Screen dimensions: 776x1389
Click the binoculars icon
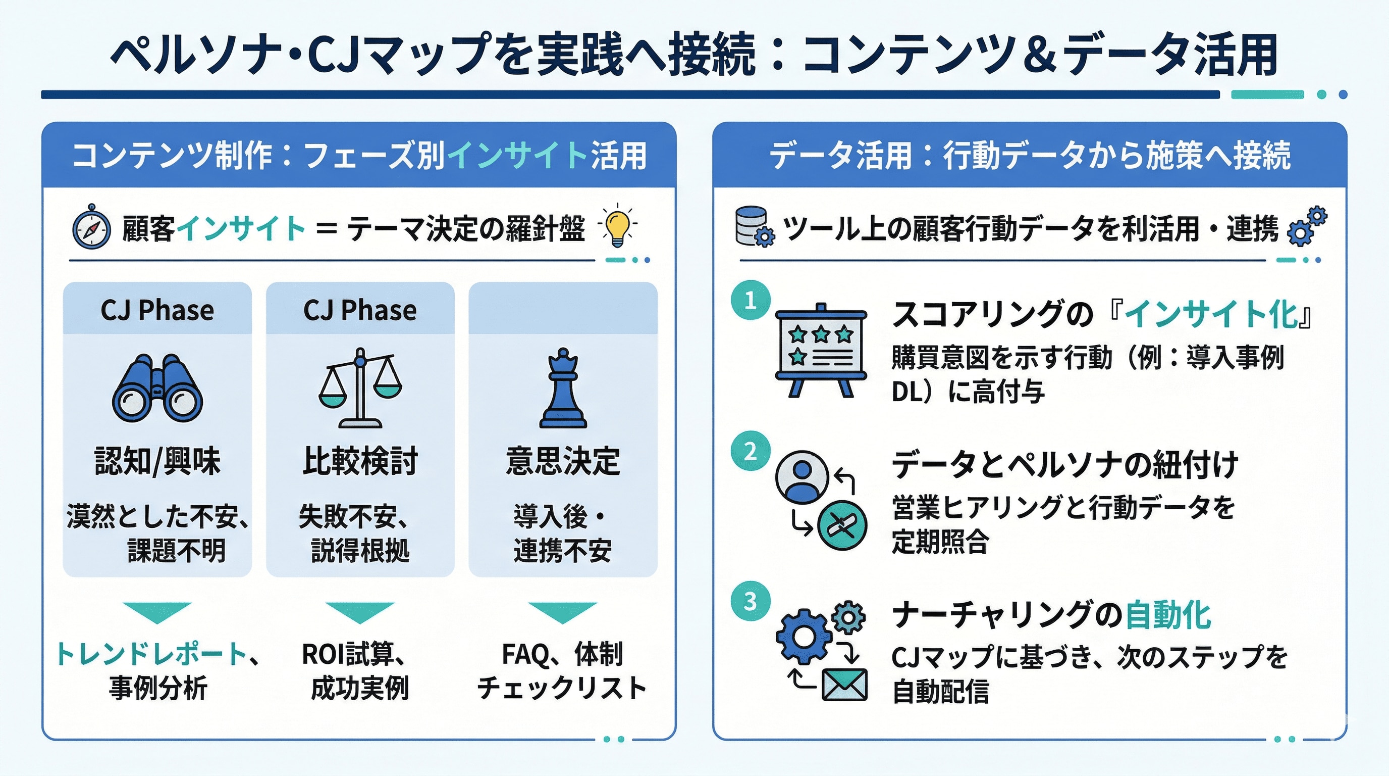click(157, 388)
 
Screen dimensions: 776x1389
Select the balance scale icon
click(360, 388)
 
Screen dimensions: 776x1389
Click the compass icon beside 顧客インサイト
click(92, 228)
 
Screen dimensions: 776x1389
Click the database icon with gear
click(754, 227)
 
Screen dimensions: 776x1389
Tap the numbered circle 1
click(750, 300)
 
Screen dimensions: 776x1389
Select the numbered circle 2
click(750, 451)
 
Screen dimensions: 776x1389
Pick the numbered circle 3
click(750, 601)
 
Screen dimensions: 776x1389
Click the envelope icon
click(844, 684)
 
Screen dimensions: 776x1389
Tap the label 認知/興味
click(157, 461)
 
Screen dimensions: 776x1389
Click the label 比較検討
click(360, 461)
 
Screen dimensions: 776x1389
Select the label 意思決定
click(563, 461)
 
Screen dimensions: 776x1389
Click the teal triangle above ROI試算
click(360, 612)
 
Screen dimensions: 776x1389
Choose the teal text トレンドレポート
click(151, 654)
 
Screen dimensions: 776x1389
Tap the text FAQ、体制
click(562, 654)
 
